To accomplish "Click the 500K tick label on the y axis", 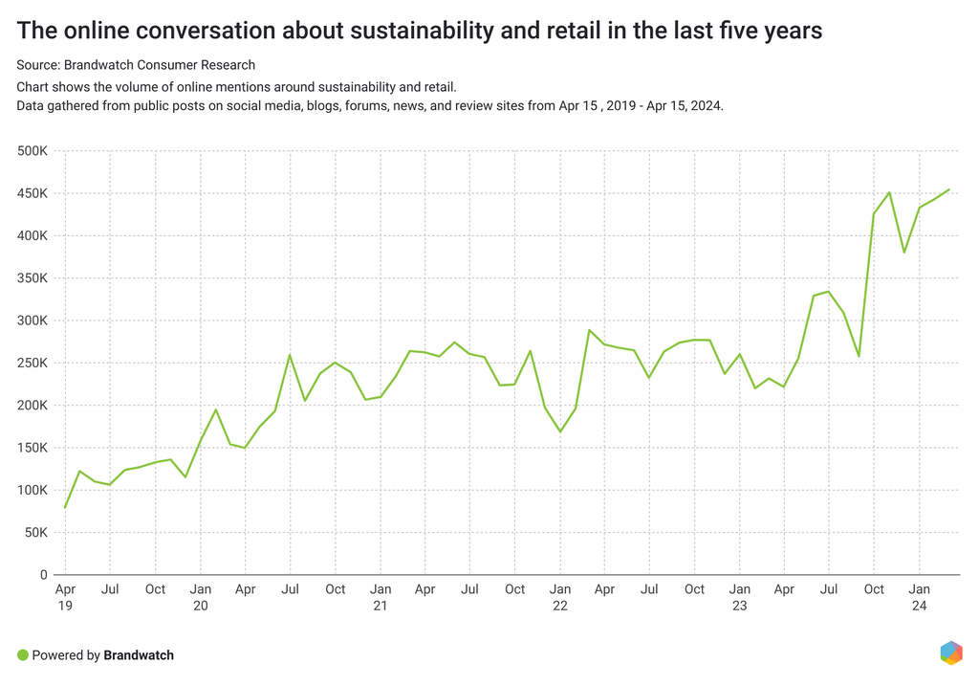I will pyautogui.click(x=32, y=151).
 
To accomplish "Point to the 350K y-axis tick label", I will pyautogui.click(x=32, y=278).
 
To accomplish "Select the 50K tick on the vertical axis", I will pyautogui.click(x=35, y=532).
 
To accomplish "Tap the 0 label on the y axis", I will pyautogui.click(x=44, y=574).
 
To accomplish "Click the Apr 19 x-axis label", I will pyautogui.click(x=65, y=597).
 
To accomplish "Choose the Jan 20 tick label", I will pyautogui.click(x=200, y=597).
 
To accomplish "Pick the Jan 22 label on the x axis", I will pyautogui.click(x=560, y=597).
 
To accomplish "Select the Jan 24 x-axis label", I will pyautogui.click(x=920, y=597).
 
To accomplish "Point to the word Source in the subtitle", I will pyautogui.click(x=37, y=65).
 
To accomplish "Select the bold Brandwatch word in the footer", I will pyautogui.click(x=139, y=655).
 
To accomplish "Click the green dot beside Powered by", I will pyautogui.click(x=23, y=655).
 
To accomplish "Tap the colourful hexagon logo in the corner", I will pyautogui.click(x=951, y=652).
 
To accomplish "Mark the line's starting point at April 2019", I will pyautogui.click(x=65, y=507).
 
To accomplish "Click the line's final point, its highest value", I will pyautogui.click(x=949, y=189).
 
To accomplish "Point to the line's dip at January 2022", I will pyautogui.click(x=560, y=431).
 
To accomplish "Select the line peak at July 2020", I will pyautogui.click(x=290, y=355).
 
